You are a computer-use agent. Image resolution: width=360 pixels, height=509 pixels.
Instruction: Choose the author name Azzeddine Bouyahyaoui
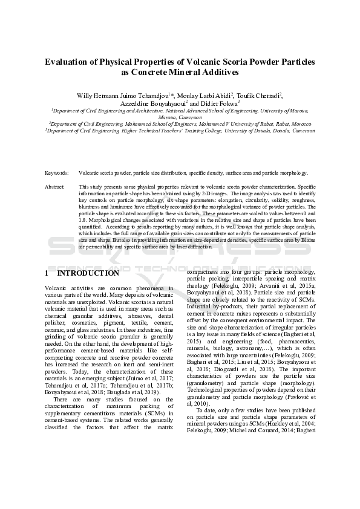click(154, 103)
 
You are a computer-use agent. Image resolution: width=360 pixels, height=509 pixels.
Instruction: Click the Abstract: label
click(55, 187)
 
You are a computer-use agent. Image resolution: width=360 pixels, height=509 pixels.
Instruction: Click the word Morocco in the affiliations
click(299, 123)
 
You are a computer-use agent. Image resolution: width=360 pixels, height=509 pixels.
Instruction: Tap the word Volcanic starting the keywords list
click(87, 172)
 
